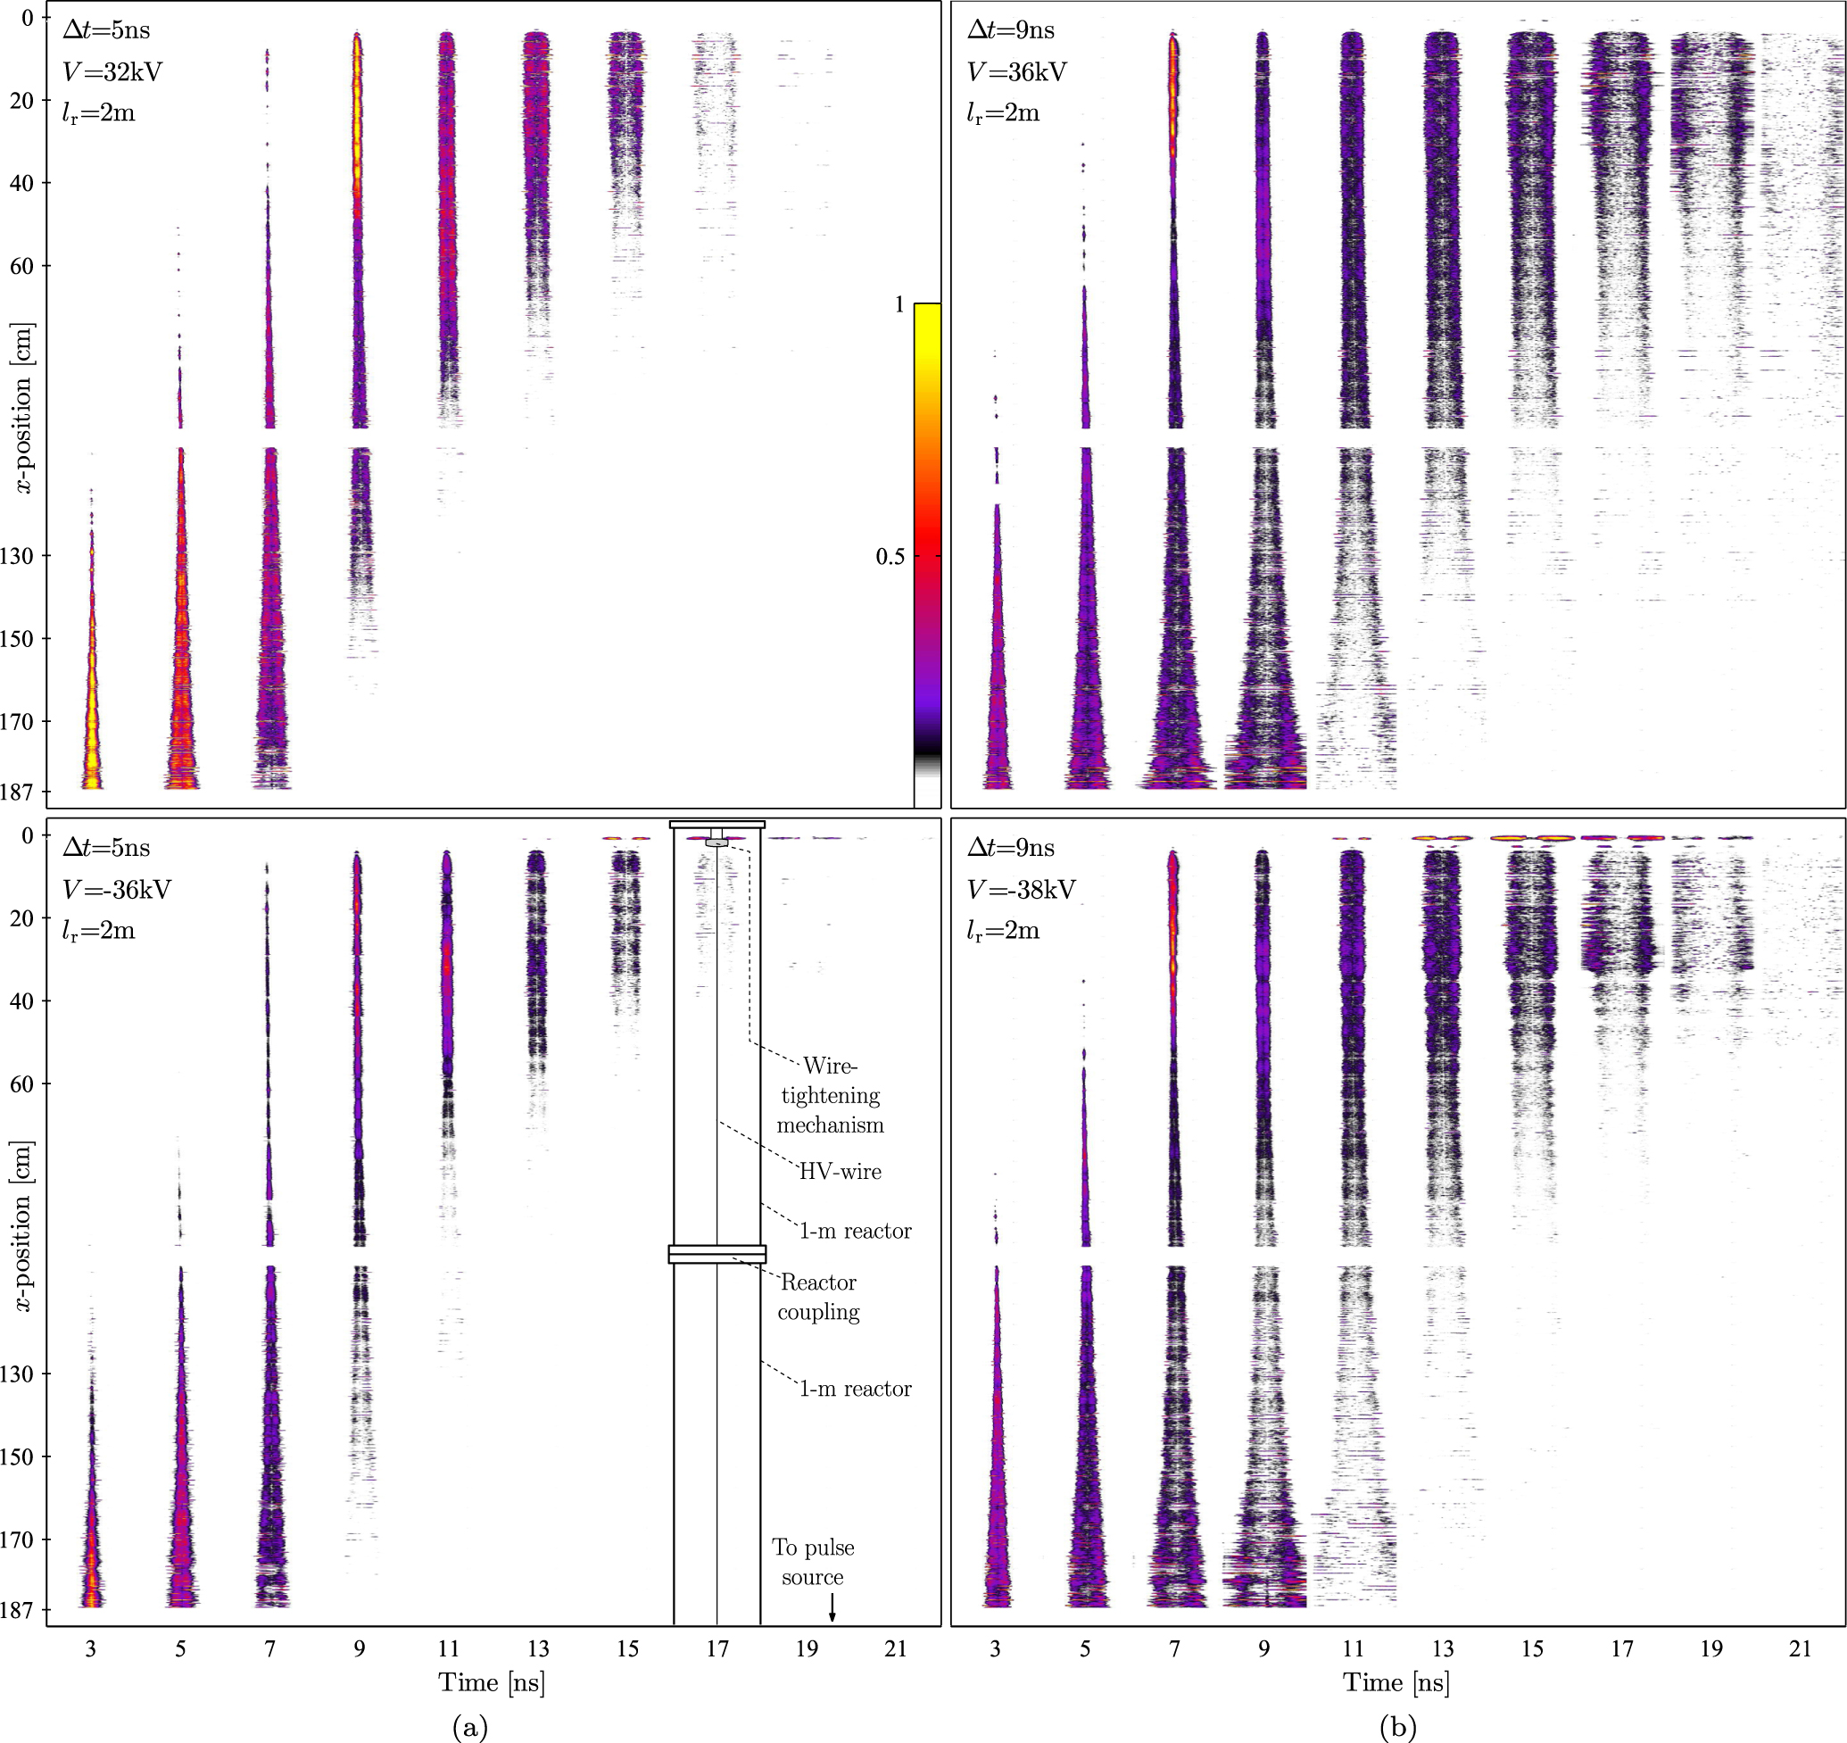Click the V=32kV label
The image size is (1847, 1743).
click(x=112, y=71)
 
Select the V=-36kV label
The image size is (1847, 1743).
click(x=116, y=889)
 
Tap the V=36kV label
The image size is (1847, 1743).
click(x=1016, y=71)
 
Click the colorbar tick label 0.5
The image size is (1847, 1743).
click(x=889, y=557)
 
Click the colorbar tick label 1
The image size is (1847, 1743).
click(x=899, y=304)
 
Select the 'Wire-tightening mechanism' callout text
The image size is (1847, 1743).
click(x=830, y=1094)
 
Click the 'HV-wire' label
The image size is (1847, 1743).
click(x=840, y=1172)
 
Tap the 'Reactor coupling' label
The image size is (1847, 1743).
click(x=818, y=1297)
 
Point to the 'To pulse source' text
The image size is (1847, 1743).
click(x=813, y=1562)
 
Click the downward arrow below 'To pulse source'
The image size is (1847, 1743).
click(x=832, y=1608)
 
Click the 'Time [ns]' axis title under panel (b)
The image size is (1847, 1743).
click(x=1396, y=1682)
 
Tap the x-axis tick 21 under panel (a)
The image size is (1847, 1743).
click(x=895, y=1649)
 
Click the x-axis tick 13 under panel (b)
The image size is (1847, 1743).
click(x=1442, y=1649)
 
